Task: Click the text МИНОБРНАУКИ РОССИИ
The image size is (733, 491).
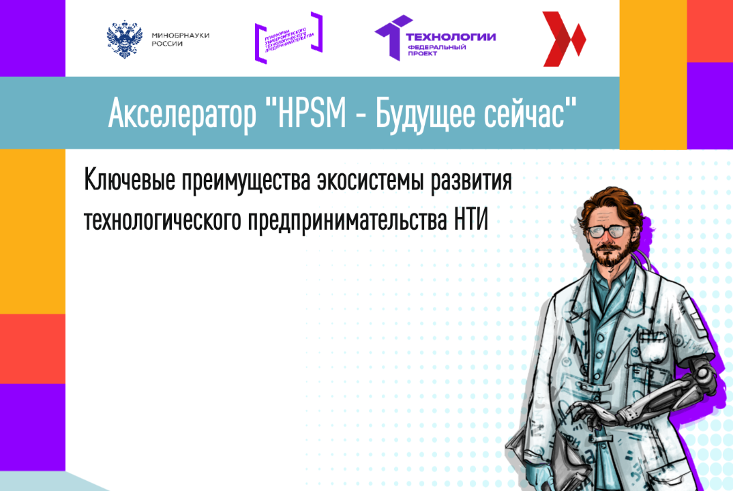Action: [171, 39]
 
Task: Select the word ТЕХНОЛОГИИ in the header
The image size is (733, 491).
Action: [451, 37]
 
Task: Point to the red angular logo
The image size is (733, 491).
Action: [563, 39]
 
